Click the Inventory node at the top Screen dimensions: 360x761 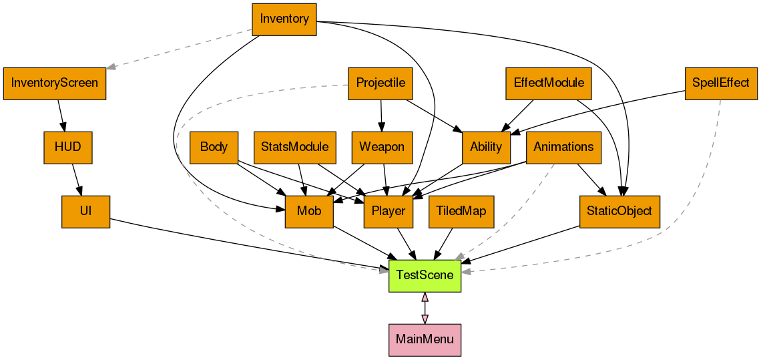tap(284, 19)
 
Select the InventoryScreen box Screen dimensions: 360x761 tap(55, 83)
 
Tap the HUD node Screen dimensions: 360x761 tap(67, 148)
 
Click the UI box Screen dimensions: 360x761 tap(85, 212)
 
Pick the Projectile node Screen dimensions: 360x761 tap(380, 83)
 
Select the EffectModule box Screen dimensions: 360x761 tap(549, 83)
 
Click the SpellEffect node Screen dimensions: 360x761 tap(721, 83)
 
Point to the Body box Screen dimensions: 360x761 tap(214, 148)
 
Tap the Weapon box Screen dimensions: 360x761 tap(382, 148)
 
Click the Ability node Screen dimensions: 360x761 tap(486, 148)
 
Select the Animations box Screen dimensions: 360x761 tap(563, 148)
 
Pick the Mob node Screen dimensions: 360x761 tap(309, 212)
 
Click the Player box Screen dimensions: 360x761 tap(389, 212)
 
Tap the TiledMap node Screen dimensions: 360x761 tap(461, 212)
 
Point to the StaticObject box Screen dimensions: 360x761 tap(620, 212)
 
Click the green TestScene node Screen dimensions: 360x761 tap(425, 275)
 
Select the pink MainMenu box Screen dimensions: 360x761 tap(425, 339)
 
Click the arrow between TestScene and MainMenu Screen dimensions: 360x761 tap(425, 308)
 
